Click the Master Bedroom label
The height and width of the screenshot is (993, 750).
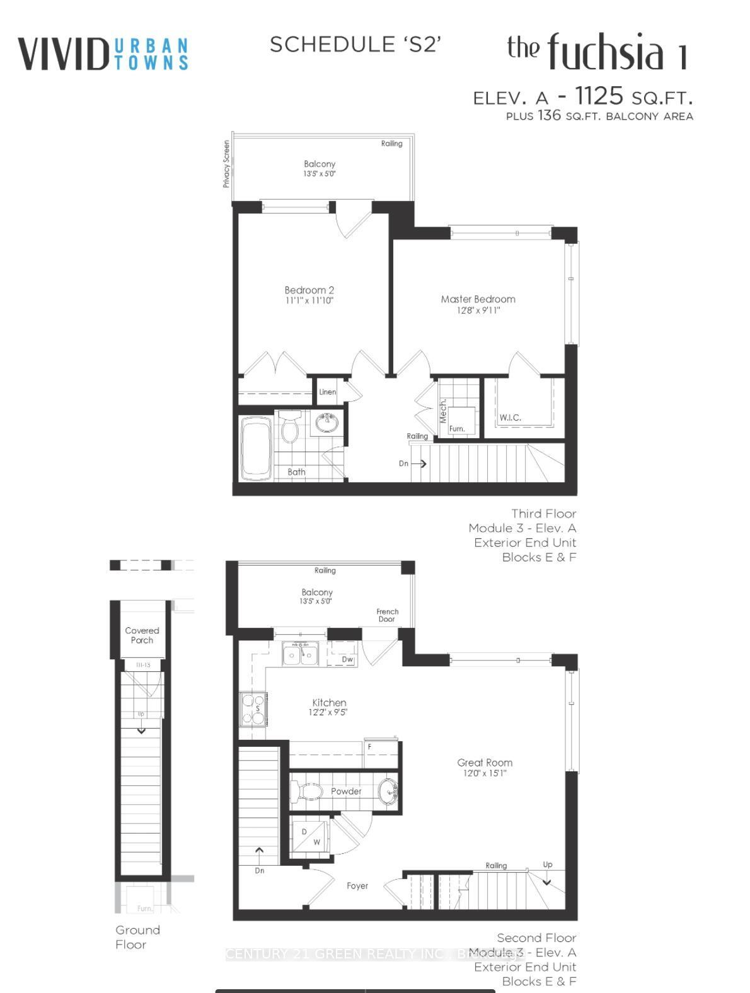[478, 299]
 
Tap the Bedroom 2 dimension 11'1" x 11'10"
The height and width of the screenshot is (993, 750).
[309, 301]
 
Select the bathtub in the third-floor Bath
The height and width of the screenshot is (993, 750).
[256, 448]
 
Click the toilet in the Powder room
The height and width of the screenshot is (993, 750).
[308, 791]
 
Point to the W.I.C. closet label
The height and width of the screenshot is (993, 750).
[510, 417]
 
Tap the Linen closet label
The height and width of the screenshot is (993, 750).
[327, 392]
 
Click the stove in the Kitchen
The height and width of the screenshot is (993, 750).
[254, 709]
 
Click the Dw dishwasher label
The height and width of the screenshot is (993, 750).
[347, 659]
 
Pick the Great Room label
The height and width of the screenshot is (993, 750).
[485, 763]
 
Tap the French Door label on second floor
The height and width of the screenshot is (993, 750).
[387, 615]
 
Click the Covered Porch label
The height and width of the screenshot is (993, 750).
[142, 635]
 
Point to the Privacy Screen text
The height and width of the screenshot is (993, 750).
[226, 164]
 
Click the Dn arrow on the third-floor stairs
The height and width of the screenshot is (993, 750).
[419, 463]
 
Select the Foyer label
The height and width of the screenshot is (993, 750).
[357, 886]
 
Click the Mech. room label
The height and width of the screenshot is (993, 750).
[443, 410]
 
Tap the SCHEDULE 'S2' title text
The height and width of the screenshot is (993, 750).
[355, 44]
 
